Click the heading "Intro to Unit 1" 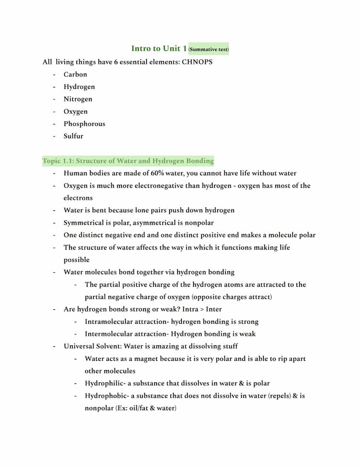[159, 49]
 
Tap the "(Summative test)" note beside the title [209, 49]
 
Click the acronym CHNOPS [197, 62]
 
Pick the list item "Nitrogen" [78, 99]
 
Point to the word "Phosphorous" [84, 123]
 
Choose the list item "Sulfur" [73, 136]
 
